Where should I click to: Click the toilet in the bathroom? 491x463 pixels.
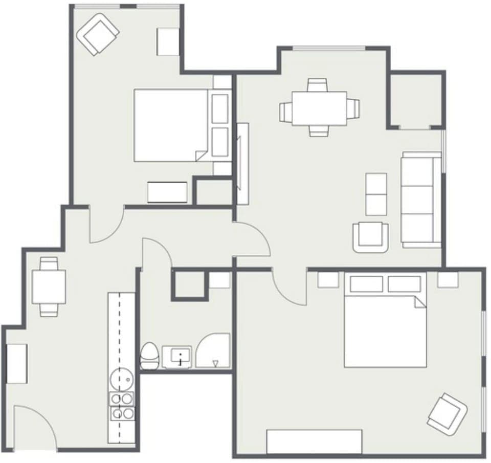(149, 356)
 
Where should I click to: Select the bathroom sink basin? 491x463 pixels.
(177, 357)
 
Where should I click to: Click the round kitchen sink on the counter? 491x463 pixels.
(122, 379)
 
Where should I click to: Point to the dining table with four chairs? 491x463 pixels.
(319, 108)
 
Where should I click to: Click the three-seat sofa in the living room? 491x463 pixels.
(421, 200)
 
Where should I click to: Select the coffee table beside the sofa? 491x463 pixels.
(376, 194)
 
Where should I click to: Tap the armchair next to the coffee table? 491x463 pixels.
(370, 236)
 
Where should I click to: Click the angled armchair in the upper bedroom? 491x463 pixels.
(98, 34)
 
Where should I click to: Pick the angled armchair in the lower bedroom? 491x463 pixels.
(447, 413)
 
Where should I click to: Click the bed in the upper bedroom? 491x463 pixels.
(171, 125)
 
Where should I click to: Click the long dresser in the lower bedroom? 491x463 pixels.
(314, 442)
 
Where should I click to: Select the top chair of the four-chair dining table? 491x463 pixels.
(317, 85)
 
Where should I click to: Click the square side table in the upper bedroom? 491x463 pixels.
(168, 41)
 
